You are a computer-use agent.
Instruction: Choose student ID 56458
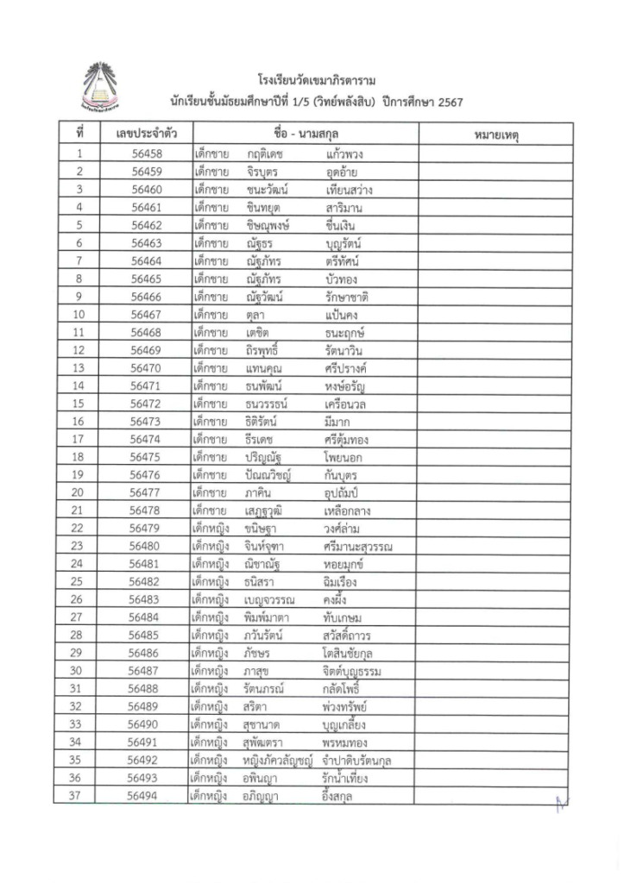pos(147,154)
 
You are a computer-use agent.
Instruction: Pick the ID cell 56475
pos(147,457)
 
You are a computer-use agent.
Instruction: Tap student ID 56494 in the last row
pos(147,796)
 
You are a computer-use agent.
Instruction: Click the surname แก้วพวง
pos(344,154)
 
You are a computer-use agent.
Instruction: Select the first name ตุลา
pos(254,315)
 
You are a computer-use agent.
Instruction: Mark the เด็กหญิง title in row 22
pos(211,528)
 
